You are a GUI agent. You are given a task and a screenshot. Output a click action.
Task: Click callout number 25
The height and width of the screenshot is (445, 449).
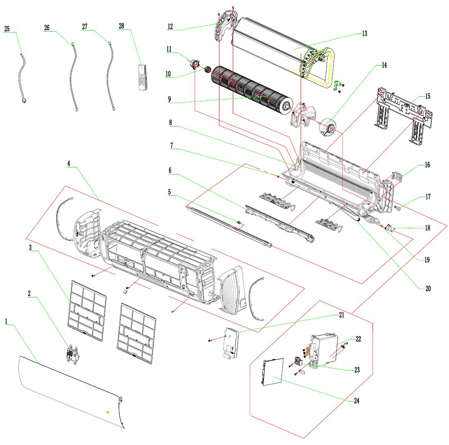(7, 29)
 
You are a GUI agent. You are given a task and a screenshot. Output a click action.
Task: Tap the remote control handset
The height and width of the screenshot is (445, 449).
(143, 76)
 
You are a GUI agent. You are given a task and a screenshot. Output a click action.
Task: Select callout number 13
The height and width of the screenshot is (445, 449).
(364, 34)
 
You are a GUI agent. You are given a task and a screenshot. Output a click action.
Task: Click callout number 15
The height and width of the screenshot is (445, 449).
(427, 97)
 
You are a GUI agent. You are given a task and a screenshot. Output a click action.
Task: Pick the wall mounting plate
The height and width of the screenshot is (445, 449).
(402, 114)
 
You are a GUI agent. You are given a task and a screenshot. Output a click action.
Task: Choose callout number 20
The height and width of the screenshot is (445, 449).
(428, 289)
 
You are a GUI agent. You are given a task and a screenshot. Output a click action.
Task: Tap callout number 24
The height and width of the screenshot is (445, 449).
(356, 401)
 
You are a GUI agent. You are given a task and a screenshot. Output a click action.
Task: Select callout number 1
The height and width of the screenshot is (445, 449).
(7, 321)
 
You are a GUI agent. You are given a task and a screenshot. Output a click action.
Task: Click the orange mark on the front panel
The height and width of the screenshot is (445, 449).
(108, 412)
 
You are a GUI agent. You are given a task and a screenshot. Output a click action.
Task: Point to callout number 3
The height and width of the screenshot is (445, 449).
(30, 247)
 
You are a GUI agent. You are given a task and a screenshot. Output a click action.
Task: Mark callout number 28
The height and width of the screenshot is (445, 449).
(121, 26)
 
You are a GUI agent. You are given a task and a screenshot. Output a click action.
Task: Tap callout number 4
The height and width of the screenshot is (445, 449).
(69, 163)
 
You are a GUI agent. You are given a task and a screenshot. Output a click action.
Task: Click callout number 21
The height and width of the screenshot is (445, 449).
(341, 315)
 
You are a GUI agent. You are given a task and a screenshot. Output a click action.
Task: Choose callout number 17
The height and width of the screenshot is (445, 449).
(428, 197)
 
